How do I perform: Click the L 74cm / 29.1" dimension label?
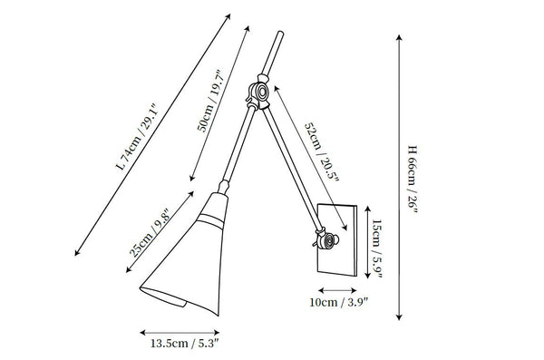tap(137, 137)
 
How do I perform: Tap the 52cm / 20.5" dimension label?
tap(321, 151)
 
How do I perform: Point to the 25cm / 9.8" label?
tap(150, 232)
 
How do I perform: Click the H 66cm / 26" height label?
tap(413, 179)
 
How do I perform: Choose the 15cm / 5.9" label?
tap(377, 248)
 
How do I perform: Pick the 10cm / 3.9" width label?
tap(338, 302)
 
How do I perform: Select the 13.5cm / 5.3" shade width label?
tap(185, 344)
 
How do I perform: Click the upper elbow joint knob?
tap(260, 92)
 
